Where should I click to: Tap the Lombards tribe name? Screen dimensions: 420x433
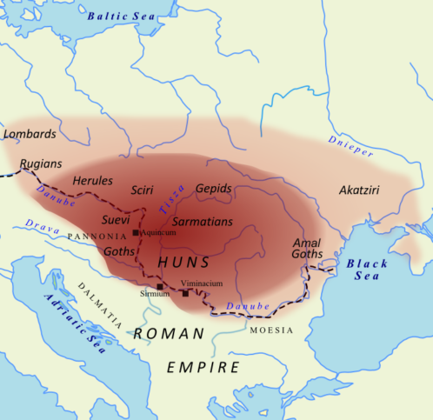tap(30, 134)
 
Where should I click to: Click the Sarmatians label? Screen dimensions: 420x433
tap(203, 222)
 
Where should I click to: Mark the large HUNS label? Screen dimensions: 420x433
tap(183, 261)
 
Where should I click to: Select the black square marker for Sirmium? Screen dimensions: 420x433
tap(160, 286)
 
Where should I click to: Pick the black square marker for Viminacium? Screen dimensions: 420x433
tap(185, 293)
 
